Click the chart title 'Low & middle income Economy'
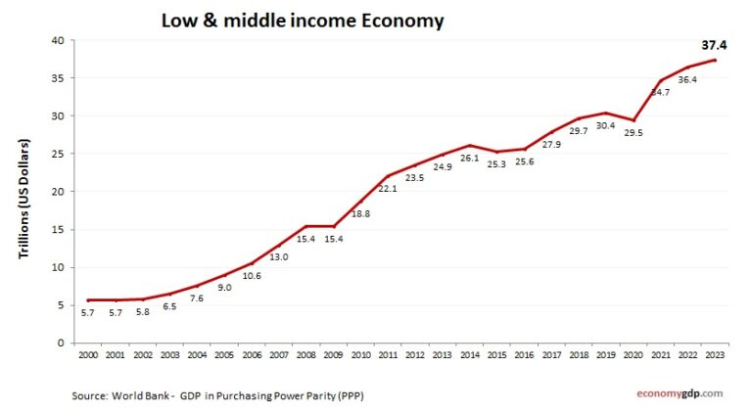pos(302,21)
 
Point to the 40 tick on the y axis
pos(58,40)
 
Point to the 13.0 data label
pos(280,257)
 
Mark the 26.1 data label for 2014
pos(470,159)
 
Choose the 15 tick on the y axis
pos(58,230)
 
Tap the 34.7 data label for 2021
pos(659,93)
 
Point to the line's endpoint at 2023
pos(715,61)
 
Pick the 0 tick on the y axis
pos(61,343)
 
